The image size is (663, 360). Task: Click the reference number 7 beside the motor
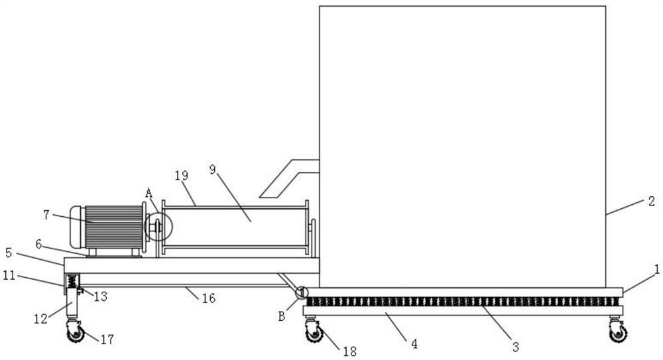coord(46,214)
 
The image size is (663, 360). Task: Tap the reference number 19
coord(182,176)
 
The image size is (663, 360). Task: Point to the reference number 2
coord(651,201)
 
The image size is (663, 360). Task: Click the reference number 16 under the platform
coord(209,299)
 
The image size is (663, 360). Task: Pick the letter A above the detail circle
coord(149,193)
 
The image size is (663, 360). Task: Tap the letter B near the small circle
coord(282,316)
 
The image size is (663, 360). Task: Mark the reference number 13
coord(101,296)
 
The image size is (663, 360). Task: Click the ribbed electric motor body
coord(113,226)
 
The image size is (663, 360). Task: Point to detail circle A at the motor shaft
coord(158,227)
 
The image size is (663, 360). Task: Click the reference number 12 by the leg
coord(41,318)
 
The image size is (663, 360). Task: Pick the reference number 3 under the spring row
coord(514,346)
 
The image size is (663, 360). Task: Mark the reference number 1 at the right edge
coord(656,269)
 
